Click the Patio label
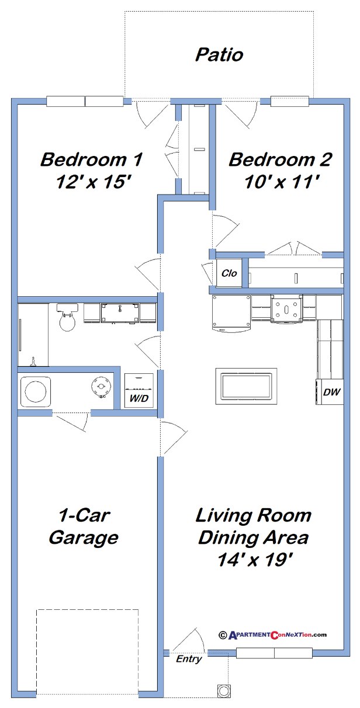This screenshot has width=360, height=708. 219,55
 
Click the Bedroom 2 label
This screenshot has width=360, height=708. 280,159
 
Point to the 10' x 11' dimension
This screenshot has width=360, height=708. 280,182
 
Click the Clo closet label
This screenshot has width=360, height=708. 229,273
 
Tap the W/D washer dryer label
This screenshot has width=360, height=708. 139,399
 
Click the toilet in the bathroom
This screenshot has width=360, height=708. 67,318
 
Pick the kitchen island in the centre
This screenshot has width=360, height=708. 246,386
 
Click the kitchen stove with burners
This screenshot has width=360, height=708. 286,309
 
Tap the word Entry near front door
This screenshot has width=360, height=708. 189,659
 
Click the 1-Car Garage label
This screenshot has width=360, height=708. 84,526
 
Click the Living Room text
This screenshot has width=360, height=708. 253,515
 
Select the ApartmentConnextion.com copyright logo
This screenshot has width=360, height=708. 272,635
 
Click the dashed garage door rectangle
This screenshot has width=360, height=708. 87,652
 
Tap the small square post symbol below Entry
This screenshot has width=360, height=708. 223,690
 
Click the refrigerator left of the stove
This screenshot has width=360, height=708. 230,313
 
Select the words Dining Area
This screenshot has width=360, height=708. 253,537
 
